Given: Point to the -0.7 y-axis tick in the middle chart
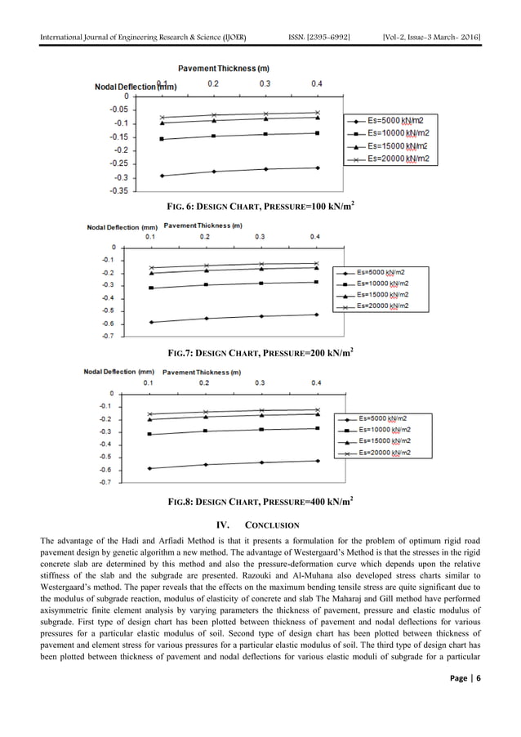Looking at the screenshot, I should (x=108, y=336).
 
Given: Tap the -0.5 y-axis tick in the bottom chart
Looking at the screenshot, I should (x=106, y=457).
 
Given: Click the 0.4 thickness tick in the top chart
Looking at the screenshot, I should (x=317, y=84).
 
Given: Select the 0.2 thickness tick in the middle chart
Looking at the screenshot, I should (x=206, y=236).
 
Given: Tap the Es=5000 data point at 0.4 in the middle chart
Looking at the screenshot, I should (x=316, y=315).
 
